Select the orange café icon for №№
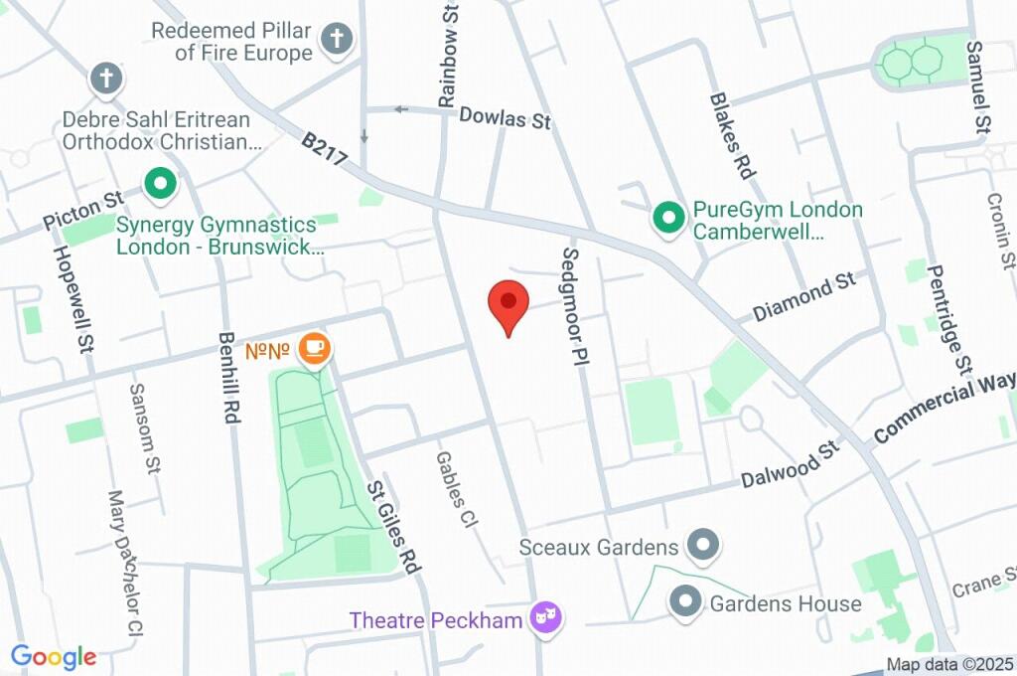316,348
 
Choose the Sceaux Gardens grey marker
704,545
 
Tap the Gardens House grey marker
685,601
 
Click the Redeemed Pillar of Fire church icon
337,40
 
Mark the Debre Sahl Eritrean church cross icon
105,78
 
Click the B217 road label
324,156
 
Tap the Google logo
54,657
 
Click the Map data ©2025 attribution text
949,664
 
